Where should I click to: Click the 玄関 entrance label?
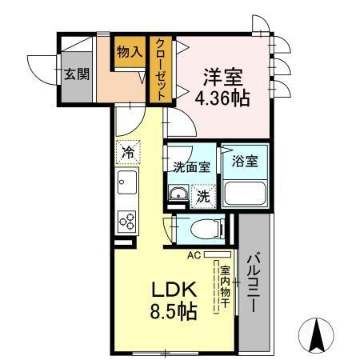pyautogui.click(x=76, y=74)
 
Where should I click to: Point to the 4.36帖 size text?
pyautogui.click(x=222, y=99)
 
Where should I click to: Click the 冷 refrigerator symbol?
pyautogui.click(x=128, y=150)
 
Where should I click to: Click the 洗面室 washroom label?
pyautogui.click(x=192, y=167)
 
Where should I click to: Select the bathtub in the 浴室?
pyautogui.click(x=243, y=194)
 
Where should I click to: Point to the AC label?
pyautogui.click(x=193, y=255)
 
